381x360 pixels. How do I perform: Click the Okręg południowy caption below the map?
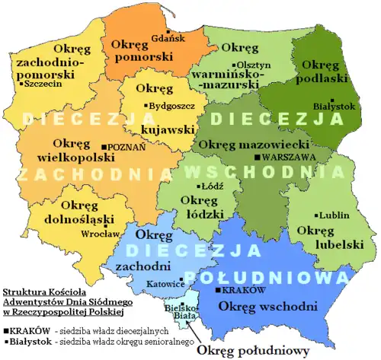click(252, 351)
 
